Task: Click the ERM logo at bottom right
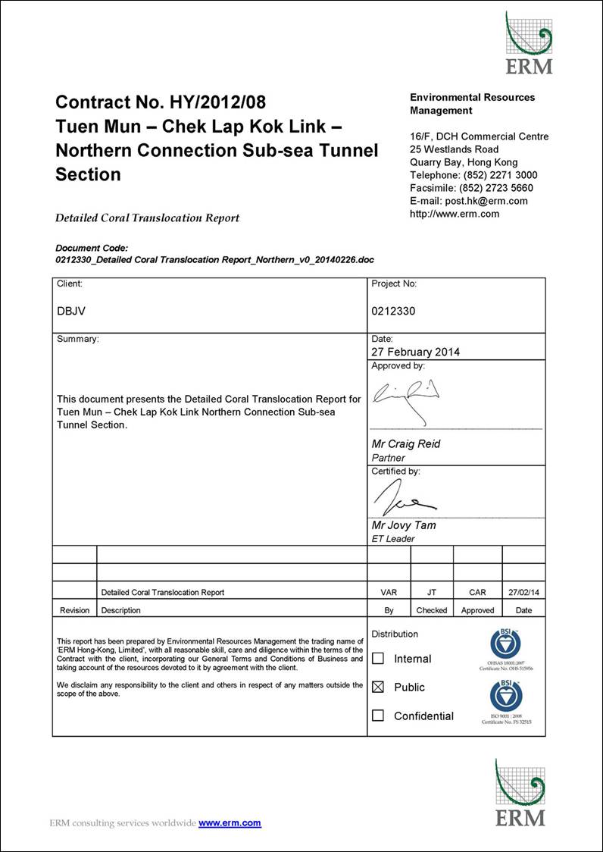pyautogui.click(x=520, y=792)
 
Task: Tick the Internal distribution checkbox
pyautogui.click(x=379, y=659)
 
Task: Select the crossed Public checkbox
pyautogui.click(x=379, y=687)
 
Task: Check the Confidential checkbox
pyautogui.click(x=379, y=716)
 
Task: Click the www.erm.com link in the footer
pyautogui.click(x=230, y=823)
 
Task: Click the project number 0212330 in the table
pyautogui.click(x=393, y=311)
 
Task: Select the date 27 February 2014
pyautogui.click(x=415, y=352)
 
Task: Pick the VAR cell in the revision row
pyautogui.click(x=389, y=592)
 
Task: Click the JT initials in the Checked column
pyautogui.click(x=432, y=592)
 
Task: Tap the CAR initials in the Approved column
pyautogui.click(x=477, y=592)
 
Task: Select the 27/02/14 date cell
pyautogui.click(x=523, y=592)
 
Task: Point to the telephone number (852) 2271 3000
pyautogui.click(x=498, y=175)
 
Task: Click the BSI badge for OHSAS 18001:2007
pyautogui.click(x=506, y=645)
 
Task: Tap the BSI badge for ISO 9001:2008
pyautogui.click(x=506, y=697)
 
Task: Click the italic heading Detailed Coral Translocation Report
pyautogui.click(x=147, y=218)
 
